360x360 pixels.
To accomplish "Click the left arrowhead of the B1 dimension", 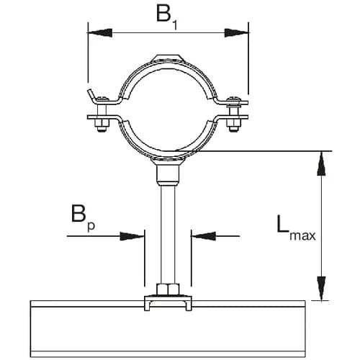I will click(x=97, y=31).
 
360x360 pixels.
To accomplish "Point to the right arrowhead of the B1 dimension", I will click(x=239, y=31).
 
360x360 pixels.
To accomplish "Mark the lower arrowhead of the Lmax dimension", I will click(x=321, y=291).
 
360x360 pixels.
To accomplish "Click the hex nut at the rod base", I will click(x=167, y=290).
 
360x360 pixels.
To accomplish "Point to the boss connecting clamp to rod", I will click(x=167, y=173).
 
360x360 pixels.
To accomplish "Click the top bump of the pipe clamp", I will click(x=167, y=57).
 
